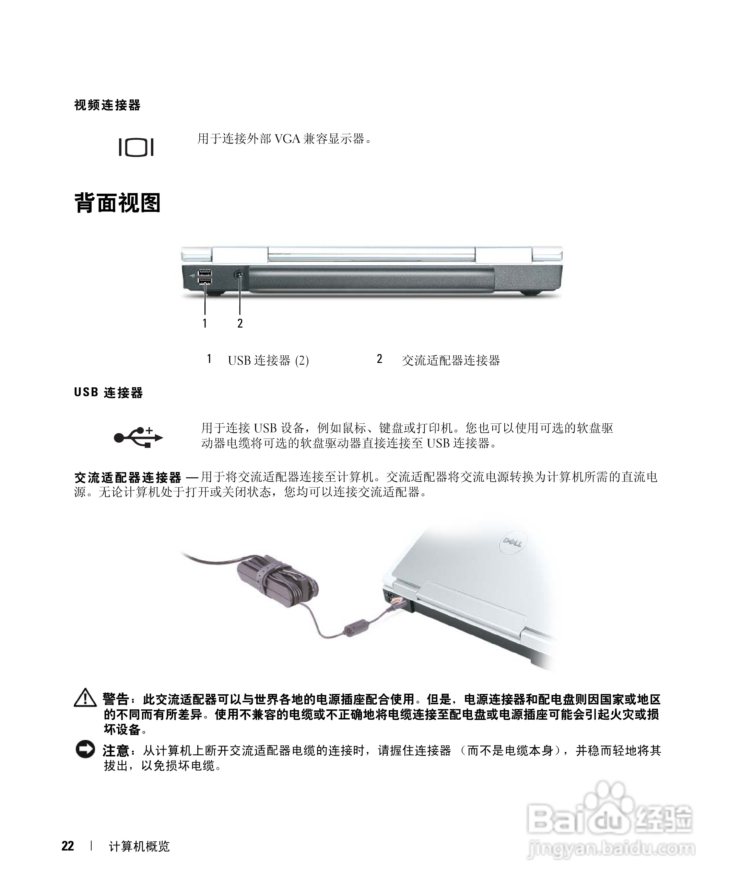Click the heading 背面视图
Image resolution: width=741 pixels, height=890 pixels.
[x=117, y=203]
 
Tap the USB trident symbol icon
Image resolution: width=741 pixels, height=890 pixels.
[x=138, y=437]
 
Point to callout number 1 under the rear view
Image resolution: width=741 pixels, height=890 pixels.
[x=205, y=323]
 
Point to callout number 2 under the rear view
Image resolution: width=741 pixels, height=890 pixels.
[x=240, y=323]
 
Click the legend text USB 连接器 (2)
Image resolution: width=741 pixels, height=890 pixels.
[x=268, y=360]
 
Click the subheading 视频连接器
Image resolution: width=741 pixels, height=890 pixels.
[x=107, y=105]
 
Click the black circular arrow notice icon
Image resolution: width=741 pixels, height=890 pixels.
[x=85, y=749]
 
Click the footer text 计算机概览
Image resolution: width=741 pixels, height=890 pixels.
[x=139, y=847]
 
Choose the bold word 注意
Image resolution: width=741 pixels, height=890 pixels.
[x=115, y=751]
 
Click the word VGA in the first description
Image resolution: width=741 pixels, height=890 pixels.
[x=287, y=139]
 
